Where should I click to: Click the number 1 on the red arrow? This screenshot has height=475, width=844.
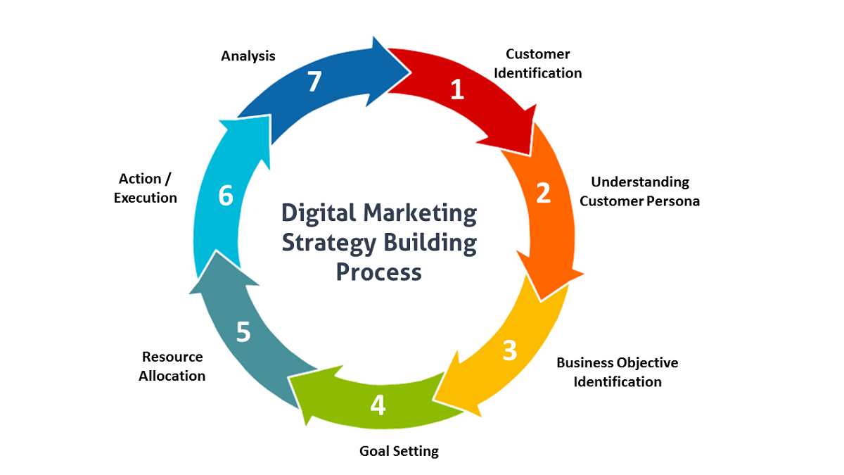coord(457,89)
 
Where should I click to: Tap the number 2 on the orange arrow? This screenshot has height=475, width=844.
coord(543,193)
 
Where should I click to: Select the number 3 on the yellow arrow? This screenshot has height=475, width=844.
coord(510,350)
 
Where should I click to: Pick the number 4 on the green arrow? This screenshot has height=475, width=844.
coord(378,405)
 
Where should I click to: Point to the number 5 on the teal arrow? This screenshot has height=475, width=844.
coord(243,332)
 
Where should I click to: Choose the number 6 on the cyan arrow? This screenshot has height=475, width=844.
coord(226,196)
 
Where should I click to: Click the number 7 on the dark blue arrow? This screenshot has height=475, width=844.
coord(314,82)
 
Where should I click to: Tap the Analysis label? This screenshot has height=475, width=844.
coord(248,56)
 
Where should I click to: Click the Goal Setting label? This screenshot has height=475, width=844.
coord(399,451)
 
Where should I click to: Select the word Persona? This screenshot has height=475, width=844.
coord(673,201)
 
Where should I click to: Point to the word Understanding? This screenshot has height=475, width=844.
coord(640,182)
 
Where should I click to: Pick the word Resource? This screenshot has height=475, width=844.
coord(172,357)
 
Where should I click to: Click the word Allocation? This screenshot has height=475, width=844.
coord(172,376)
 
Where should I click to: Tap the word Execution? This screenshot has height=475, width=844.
coord(146,198)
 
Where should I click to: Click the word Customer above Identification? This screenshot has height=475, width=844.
coord(537,54)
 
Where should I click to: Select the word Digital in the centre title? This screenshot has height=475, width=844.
coord(319,214)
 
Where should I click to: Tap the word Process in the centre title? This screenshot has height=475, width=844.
coord(378,272)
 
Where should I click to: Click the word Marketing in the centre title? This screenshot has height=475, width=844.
coord(420,214)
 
